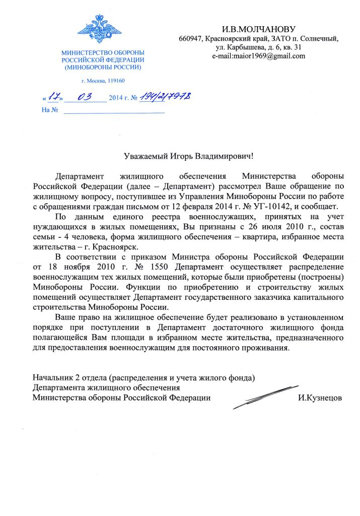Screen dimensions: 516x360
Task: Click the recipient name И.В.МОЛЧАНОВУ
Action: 258,29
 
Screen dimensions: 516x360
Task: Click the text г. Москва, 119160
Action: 103,81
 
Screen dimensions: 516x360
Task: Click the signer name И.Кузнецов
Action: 320,398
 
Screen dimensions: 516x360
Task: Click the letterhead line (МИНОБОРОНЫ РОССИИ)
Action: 103,67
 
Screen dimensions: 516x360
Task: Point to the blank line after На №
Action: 114,111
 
